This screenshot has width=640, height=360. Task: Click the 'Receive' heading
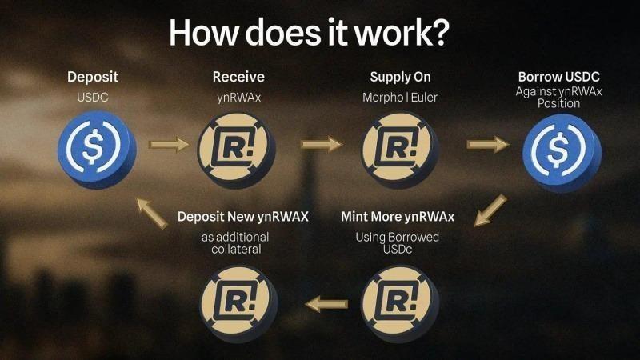(x=238, y=78)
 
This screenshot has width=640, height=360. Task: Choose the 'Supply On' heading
(x=400, y=78)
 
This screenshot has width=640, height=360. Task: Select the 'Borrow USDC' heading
(x=559, y=78)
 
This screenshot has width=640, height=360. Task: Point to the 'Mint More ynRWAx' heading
(x=398, y=217)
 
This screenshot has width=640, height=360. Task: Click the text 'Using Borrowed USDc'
(x=398, y=243)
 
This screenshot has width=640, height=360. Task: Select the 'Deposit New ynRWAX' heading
(x=243, y=217)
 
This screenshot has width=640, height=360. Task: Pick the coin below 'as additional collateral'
(x=238, y=300)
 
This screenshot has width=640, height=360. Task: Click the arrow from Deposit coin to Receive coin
(x=167, y=145)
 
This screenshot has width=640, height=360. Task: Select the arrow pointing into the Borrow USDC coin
(x=487, y=145)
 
